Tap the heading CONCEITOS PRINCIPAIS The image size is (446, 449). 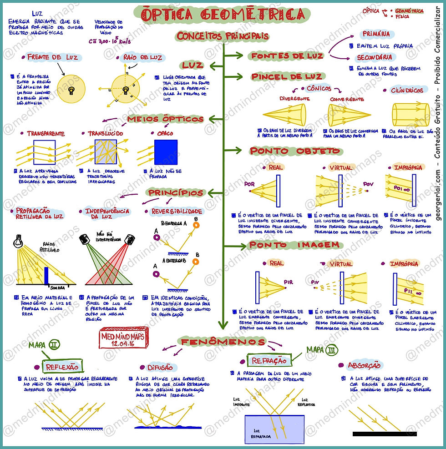tap(223, 36)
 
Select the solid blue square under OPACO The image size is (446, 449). tap(166, 152)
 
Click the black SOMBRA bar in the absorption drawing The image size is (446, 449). tap(385, 434)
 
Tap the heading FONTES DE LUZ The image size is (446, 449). tap(287, 56)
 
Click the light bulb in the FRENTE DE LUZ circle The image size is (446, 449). tap(71, 90)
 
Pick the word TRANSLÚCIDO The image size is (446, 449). tap(105, 134)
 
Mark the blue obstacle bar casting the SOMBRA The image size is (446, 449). tap(46, 276)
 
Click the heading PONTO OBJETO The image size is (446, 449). tap(294, 151)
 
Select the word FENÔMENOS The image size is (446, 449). tap(223, 342)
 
